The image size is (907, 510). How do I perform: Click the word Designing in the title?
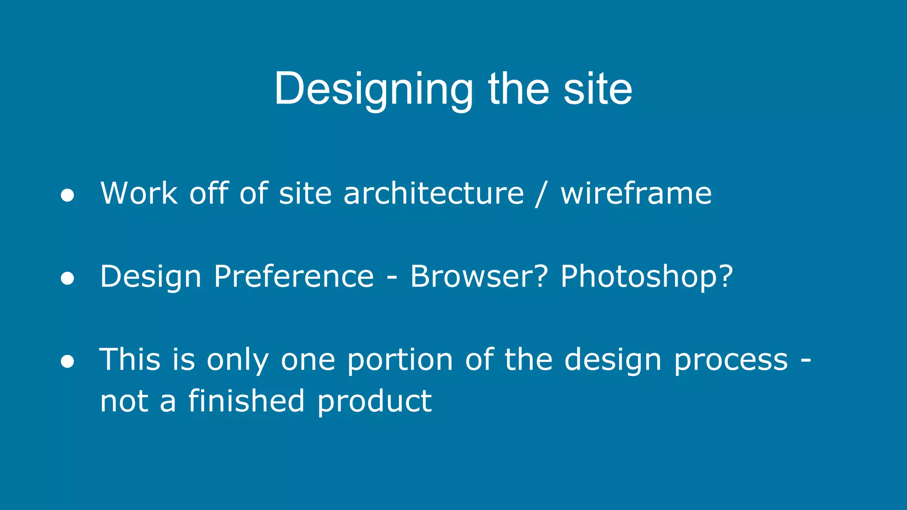coord(374,89)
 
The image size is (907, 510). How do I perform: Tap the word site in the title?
coord(597,89)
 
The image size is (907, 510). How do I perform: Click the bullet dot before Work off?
coord(67,195)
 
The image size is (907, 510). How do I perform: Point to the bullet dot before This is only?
coord(67,361)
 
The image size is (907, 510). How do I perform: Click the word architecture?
coord(434,193)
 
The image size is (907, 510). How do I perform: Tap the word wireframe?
coord(636,193)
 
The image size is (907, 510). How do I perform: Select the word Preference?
coord(294,277)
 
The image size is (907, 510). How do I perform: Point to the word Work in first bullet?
coord(139,193)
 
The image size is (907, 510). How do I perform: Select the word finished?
coord(247,401)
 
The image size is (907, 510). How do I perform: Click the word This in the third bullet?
coord(130,359)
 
